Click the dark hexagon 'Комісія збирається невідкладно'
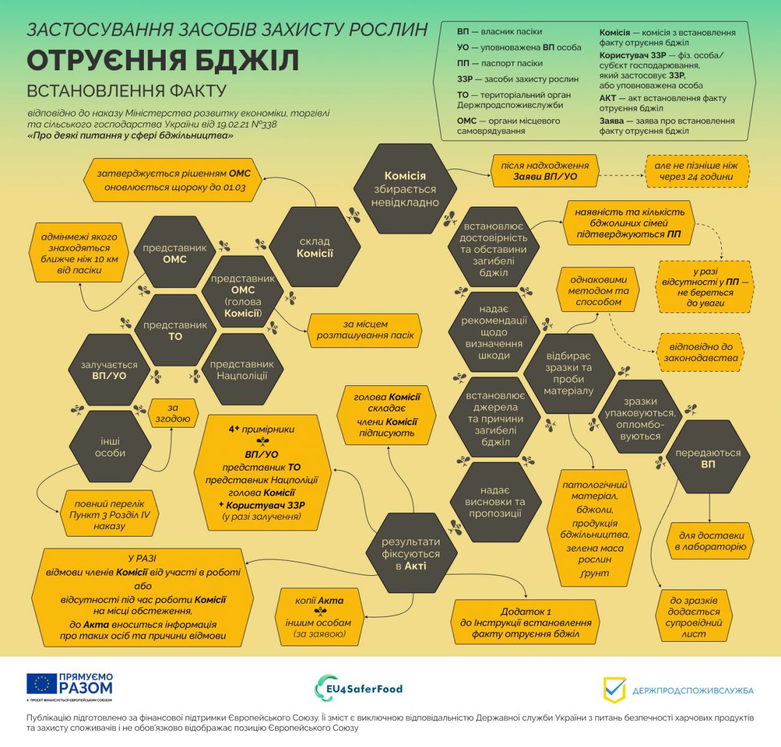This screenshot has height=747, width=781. pos(405,189)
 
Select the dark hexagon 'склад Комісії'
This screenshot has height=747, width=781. pos(315,247)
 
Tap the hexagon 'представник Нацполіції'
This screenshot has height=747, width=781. pos(242,370)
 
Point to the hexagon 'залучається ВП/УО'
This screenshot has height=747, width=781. pos(110,370)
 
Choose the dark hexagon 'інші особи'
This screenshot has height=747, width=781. pos(110,447)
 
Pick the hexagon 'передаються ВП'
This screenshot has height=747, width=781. pos(708,458)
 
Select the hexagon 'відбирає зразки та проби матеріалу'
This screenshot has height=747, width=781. pos(568,373)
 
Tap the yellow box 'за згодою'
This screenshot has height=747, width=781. pos(173,413)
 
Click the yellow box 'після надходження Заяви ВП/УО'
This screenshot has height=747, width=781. pos(545,171)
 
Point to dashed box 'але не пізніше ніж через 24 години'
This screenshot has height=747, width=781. pos(696,171)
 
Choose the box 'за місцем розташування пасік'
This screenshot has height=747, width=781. pos(365,329)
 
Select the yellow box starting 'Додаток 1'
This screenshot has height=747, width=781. pos(526,622)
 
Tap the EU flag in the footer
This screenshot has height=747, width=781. pos(42,684)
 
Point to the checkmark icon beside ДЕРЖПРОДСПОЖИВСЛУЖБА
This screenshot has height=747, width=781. pos(614,690)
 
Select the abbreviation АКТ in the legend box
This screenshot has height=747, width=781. pos(607,98)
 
